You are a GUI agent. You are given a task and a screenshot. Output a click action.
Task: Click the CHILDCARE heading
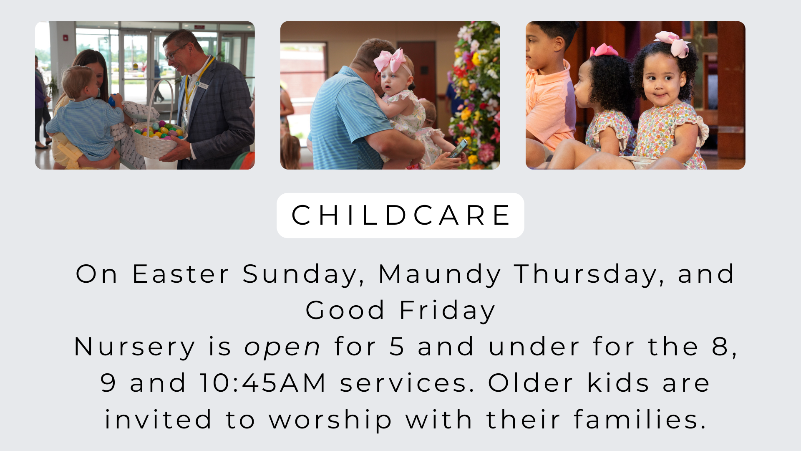coord(400,215)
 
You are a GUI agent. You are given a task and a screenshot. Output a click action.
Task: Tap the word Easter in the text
coord(181,274)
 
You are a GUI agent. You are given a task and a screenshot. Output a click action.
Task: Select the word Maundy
coord(440,275)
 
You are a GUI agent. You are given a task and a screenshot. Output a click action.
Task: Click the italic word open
coord(282,347)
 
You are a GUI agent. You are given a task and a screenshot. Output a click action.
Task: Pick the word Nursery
coord(134,347)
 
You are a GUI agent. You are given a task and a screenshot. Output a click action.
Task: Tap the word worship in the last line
coord(330,420)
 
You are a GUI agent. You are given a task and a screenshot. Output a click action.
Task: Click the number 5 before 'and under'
coord(397,347)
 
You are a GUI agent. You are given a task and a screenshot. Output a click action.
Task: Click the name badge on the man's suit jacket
coord(203,86)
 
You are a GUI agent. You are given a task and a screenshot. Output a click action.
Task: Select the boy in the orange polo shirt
coord(547,92)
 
